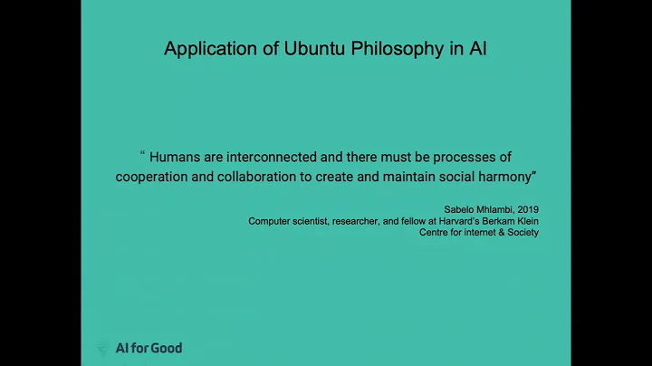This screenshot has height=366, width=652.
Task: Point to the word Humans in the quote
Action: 177,157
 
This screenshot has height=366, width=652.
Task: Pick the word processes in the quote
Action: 463,157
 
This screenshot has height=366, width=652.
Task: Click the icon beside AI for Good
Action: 104,348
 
